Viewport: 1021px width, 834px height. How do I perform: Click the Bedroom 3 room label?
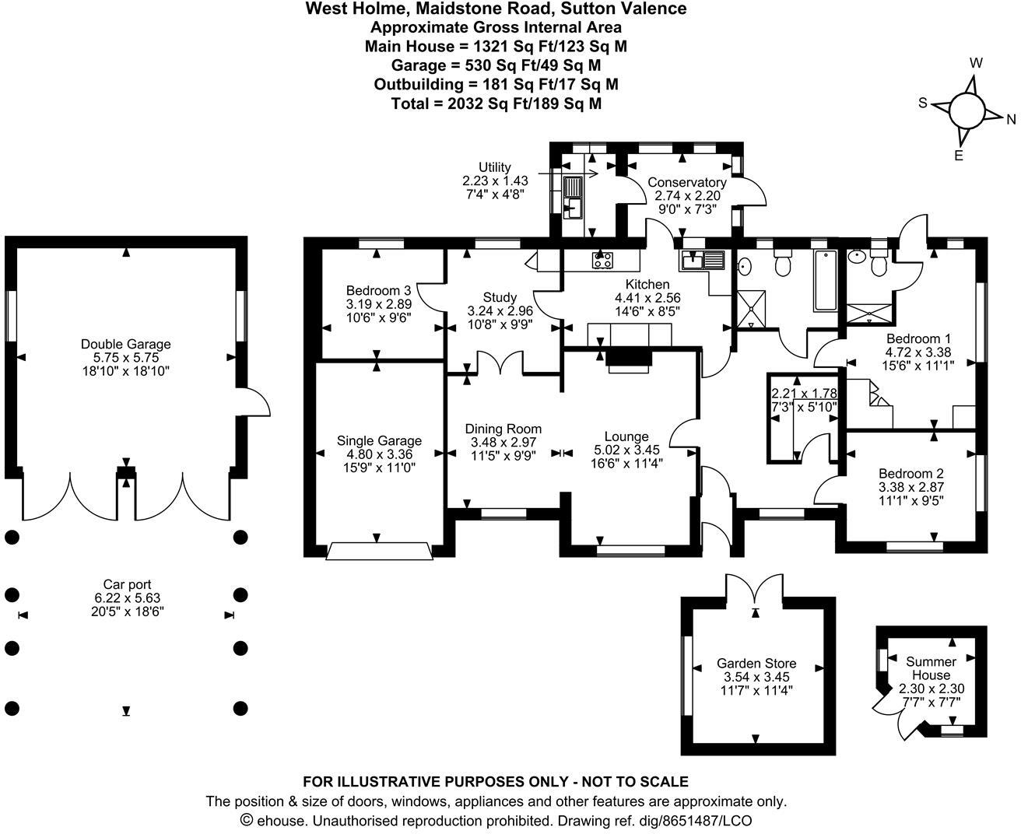point(379,290)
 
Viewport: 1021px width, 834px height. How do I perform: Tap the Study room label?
point(500,297)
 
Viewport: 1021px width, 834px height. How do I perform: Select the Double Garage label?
point(126,344)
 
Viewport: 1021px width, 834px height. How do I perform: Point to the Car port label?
point(127,584)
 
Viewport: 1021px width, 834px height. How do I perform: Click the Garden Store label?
point(756,664)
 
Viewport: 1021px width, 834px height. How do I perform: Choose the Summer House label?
point(932,668)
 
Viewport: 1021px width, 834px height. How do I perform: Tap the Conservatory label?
point(687,183)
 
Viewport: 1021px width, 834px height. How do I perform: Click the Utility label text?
point(495,167)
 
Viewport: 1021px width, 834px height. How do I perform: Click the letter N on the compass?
point(1011,119)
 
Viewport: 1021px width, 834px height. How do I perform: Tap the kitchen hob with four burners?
point(602,261)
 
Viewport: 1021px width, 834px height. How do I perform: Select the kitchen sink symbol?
point(703,259)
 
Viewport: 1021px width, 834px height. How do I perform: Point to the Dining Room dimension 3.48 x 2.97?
point(503,443)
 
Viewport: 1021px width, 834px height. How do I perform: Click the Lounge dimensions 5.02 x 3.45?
point(626,450)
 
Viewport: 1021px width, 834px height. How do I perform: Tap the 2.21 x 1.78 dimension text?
point(804,394)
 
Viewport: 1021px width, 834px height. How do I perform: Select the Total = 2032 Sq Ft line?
point(496,103)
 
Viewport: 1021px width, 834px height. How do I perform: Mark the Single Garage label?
point(379,440)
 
